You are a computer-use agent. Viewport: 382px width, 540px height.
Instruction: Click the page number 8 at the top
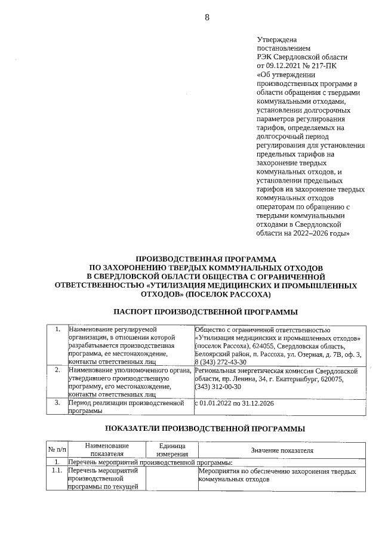coord(207,17)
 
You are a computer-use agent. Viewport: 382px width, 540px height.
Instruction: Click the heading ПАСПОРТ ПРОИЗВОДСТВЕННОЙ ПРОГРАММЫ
coord(206,311)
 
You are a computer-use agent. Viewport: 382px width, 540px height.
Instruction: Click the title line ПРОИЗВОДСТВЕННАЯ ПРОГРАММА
coord(206,260)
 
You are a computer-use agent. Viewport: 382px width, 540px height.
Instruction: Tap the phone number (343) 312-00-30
coord(218,387)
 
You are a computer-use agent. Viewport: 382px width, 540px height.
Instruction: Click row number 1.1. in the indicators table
coord(57,471)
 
